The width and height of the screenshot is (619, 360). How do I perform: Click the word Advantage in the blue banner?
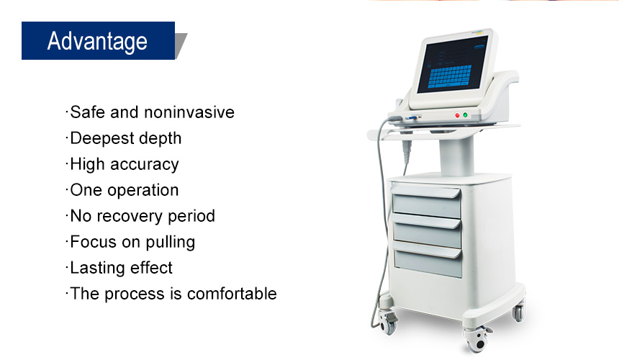(97, 42)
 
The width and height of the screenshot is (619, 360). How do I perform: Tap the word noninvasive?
(189, 112)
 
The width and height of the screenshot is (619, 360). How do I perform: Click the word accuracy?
(145, 165)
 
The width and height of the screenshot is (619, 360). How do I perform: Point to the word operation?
(143, 191)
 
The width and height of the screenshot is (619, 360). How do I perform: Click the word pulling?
(170, 243)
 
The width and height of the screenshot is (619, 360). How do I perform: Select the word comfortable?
(232, 294)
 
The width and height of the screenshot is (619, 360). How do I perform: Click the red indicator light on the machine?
(457, 115)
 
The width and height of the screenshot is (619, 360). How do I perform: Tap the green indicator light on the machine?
(465, 115)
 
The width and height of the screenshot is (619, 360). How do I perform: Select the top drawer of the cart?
(426, 203)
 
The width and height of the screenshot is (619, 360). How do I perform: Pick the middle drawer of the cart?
(427, 232)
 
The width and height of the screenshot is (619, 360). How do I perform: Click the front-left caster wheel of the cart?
(387, 322)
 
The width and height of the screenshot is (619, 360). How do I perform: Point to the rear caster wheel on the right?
(519, 310)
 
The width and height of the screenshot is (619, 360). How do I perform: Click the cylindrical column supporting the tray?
(457, 156)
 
